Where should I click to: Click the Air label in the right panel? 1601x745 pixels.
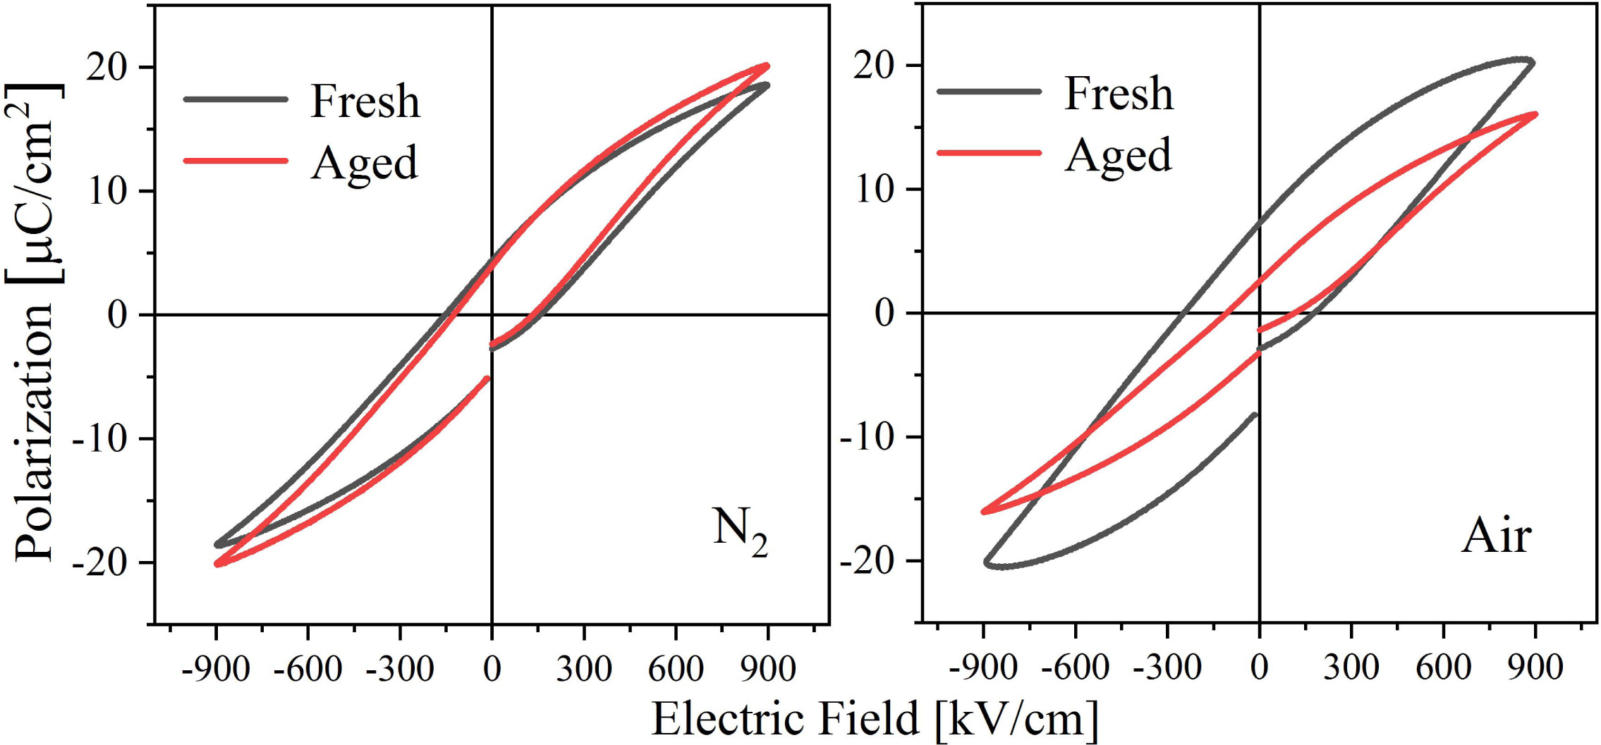tap(1496, 537)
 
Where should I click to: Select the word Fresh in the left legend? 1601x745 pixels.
tap(365, 101)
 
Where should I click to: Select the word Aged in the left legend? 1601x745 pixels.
tap(365, 164)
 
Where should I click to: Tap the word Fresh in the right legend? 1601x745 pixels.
tap(1119, 93)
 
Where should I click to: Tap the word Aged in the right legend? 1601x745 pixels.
tap(1118, 156)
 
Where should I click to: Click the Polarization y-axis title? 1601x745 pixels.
tap(34, 322)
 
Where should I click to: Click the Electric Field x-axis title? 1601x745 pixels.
tap(875, 719)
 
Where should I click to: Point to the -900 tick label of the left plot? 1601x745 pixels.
tap(215, 669)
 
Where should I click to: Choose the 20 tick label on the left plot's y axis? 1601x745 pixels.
tap(106, 68)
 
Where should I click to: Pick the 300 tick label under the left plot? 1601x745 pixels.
tap(583, 669)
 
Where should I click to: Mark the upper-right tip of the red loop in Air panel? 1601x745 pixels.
tap(1535, 114)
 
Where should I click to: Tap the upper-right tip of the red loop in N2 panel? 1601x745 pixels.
tap(767, 66)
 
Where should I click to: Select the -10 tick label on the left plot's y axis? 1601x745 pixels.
tap(99, 439)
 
